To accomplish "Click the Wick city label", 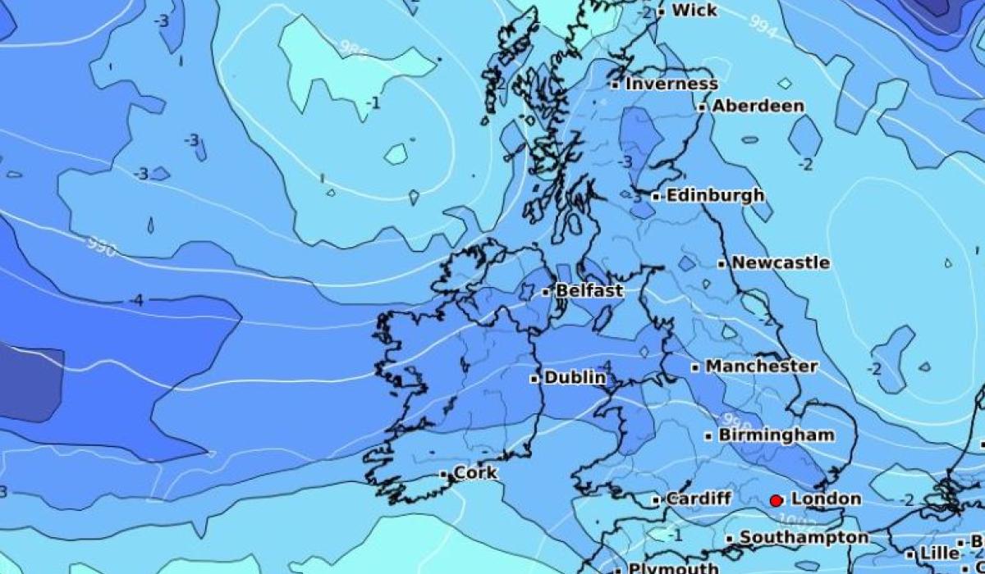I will (694, 11).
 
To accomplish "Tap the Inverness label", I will (671, 84).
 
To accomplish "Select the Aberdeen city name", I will (758, 106).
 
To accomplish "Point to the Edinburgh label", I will (714, 196).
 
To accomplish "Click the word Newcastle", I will (780, 263).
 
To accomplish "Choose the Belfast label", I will (589, 290).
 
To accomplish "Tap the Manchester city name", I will (761, 367).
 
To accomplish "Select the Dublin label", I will (575, 378).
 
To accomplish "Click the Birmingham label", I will (776, 435).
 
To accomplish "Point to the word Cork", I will (475, 473).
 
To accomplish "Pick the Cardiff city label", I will (698, 499).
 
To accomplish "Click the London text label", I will (826, 499).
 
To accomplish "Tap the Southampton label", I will (803, 538).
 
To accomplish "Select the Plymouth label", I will (672, 567).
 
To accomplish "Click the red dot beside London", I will (776, 499).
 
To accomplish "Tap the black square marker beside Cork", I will (444, 474).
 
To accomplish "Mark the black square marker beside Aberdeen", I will (703, 107).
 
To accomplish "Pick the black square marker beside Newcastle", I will (722, 264).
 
